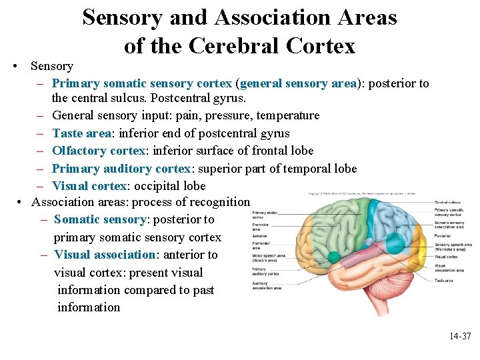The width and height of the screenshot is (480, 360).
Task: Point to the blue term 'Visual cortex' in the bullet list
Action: pyautogui.click(x=90, y=186)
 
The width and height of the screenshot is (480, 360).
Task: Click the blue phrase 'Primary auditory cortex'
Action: pyautogui.click(x=121, y=169)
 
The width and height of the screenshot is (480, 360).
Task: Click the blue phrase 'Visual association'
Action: pyautogui.click(x=104, y=255)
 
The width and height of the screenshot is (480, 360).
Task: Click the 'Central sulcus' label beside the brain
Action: pyautogui.click(x=447, y=201)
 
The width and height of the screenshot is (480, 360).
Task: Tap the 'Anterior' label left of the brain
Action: pyautogui.click(x=260, y=236)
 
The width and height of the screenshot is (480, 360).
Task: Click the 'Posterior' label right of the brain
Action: pyautogui.click(x=443, y=235)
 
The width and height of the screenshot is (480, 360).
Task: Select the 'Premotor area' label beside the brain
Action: pyautogui.click(x=261, y=227)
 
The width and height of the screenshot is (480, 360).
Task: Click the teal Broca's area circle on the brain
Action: pyautogui.click(x=333, y=257)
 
